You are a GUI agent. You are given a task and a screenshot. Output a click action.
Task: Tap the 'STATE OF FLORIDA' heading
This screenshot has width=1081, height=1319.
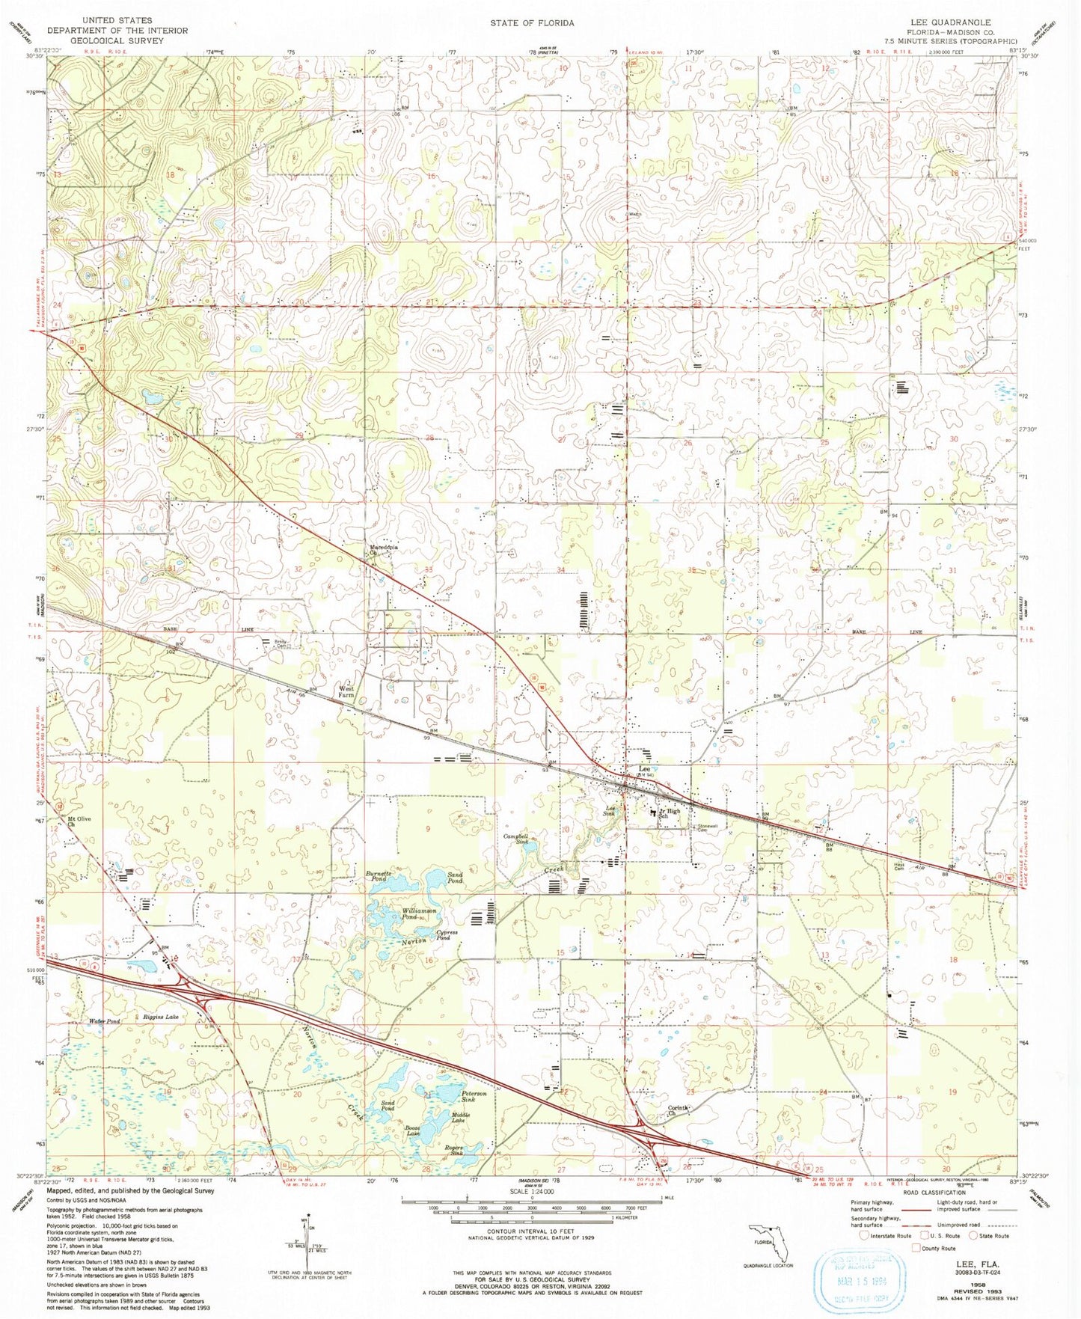pos(532,23)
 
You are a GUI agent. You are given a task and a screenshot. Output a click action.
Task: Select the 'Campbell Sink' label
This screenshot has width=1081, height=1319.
pos(516,839)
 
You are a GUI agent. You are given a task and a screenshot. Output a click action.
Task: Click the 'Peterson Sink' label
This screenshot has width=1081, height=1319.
pos(474,1097)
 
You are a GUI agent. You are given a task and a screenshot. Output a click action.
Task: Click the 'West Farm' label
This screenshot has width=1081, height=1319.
pos(346,692)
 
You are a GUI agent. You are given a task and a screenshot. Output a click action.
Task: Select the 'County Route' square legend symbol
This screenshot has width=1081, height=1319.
pos(916,1248)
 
